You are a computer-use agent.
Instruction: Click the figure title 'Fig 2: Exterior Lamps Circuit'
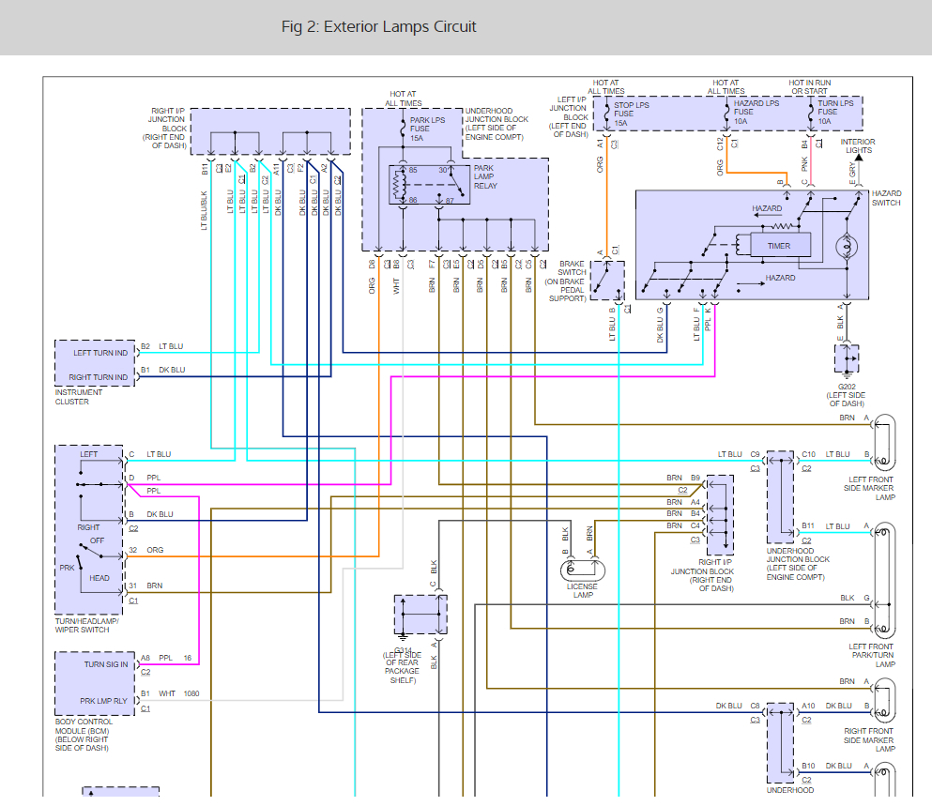[378, 27]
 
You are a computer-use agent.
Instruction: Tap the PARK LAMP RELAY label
[485, 176]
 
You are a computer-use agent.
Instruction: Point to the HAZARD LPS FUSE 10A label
[756, 113]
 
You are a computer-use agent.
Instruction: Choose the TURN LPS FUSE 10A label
[835, 113]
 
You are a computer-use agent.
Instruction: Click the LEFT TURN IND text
[100, 353]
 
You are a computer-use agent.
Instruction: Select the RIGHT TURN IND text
[98, 377]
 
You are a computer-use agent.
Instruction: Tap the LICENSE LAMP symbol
[583, 570]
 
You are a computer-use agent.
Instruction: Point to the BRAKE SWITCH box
[607, 281]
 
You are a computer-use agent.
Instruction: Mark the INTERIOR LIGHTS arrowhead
[858, 158]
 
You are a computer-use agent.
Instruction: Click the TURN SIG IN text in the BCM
[106, 664]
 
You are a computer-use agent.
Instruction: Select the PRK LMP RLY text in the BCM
[103, 701]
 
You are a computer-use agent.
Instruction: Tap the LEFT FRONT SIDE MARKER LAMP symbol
[883, 442]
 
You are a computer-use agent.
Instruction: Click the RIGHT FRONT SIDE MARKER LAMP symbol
[883, 700]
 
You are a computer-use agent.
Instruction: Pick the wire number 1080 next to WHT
[191, 693]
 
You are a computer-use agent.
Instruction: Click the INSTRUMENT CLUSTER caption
[79, 397]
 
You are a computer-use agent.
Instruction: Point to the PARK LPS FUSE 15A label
[427, 129]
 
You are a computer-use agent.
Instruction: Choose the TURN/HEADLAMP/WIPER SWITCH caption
[86, 625]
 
